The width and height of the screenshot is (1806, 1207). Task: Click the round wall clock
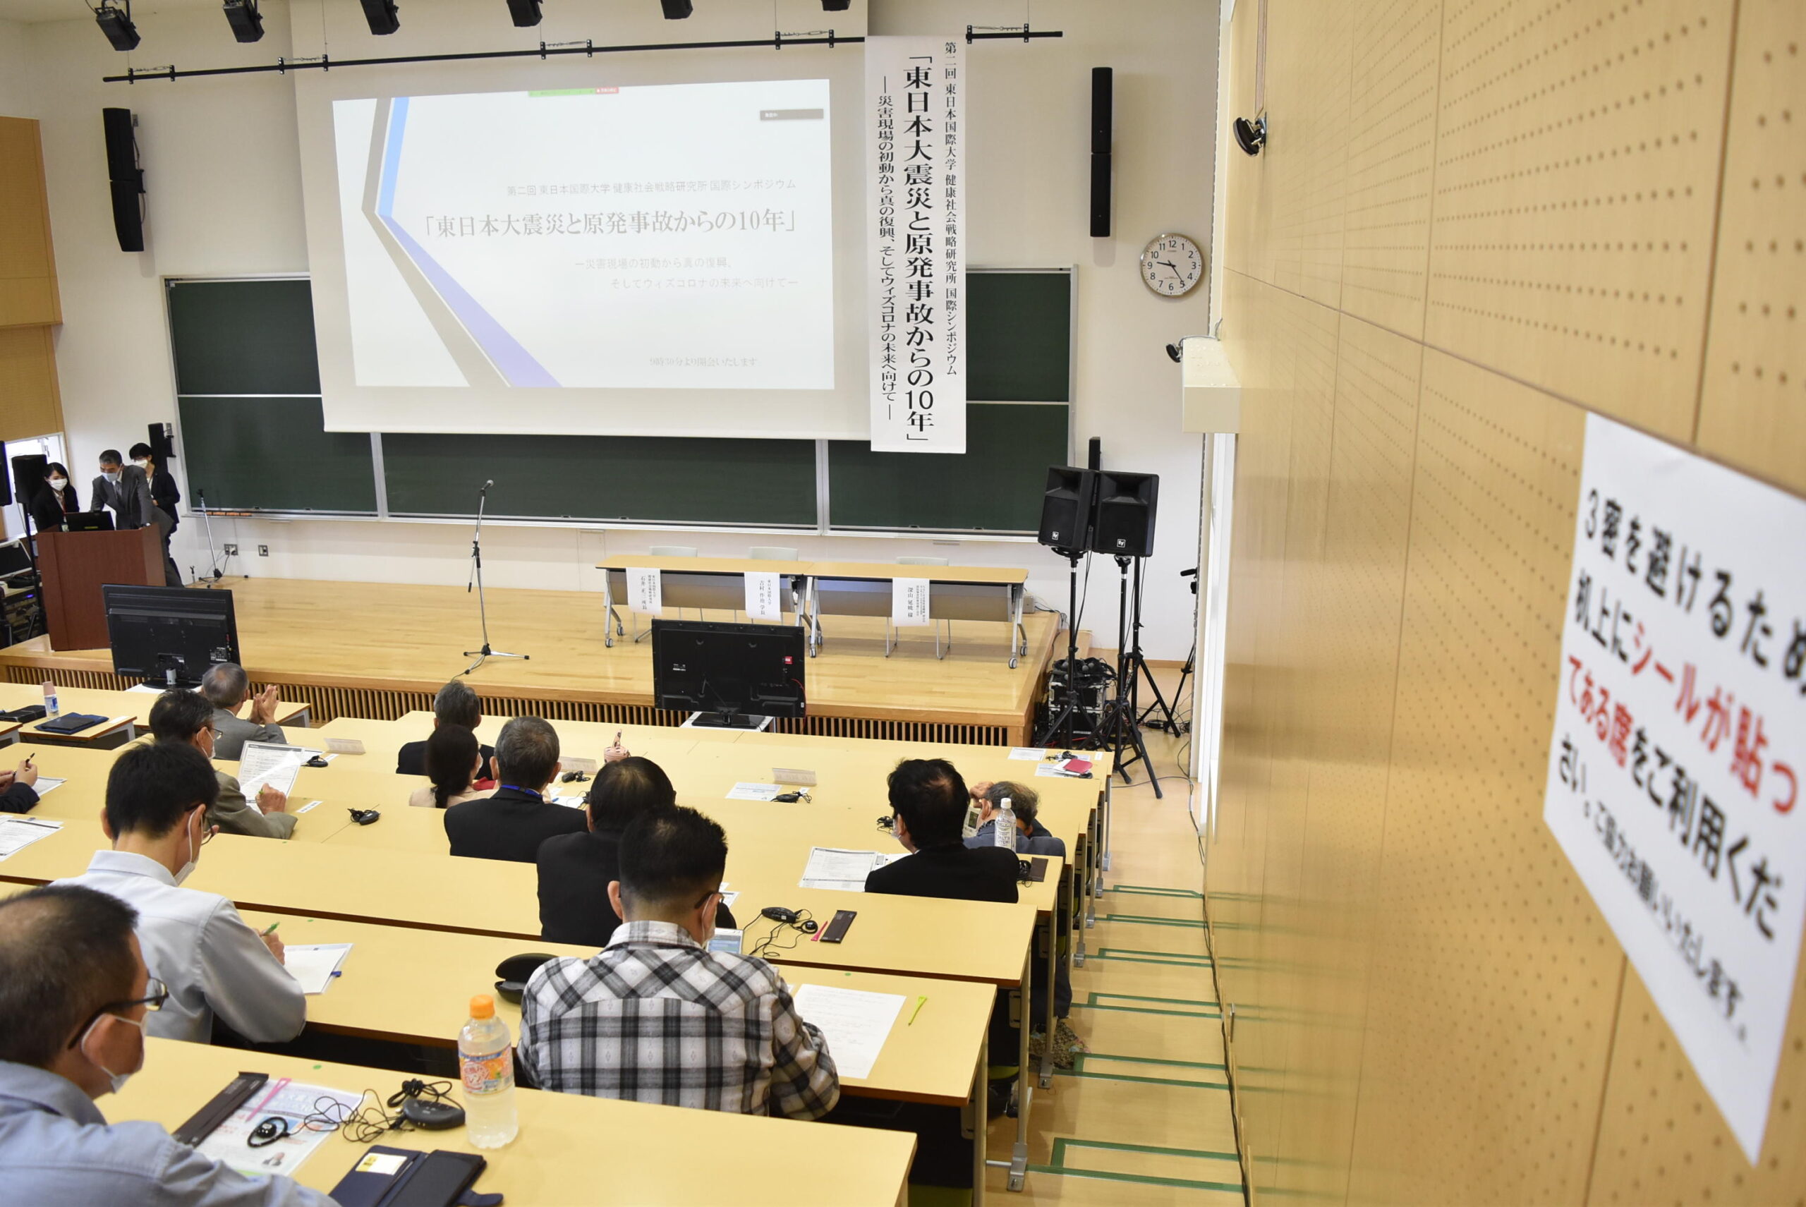click(x=1171, y=265)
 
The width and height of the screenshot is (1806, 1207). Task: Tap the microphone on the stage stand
click(x=487, y=486)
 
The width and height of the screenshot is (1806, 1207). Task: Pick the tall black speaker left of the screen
click(x=124, y=178)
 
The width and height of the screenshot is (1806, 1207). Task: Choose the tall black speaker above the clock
click(x=1100, y=151)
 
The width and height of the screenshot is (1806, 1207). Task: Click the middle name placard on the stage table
click(x=761, y=595)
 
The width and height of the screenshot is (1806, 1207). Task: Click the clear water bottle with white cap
click(x=1004, y=824)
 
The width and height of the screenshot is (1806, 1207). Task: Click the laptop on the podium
click(x=87, y=521)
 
